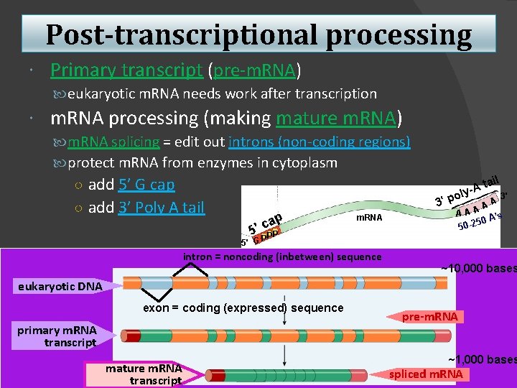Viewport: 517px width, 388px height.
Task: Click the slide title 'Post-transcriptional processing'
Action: [258, 34]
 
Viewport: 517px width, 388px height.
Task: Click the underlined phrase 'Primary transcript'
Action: [126, 70]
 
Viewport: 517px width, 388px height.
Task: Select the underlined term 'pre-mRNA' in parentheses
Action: [253, 70]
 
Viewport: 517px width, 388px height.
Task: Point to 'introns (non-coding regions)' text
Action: [320, 142]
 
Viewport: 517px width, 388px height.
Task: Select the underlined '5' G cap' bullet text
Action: [131, 185]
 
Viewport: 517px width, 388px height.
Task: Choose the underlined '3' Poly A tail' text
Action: [146, 208]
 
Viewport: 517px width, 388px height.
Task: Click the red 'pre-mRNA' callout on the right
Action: [429, 317]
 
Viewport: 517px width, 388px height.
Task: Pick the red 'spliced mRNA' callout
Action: [426, 374]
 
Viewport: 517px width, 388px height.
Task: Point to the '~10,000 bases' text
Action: [478, 269]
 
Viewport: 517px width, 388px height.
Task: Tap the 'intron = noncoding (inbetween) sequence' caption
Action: [282, 257]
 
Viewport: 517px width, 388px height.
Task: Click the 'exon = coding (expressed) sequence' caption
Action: [243, 308]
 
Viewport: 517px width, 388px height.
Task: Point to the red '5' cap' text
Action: [264, 222]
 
